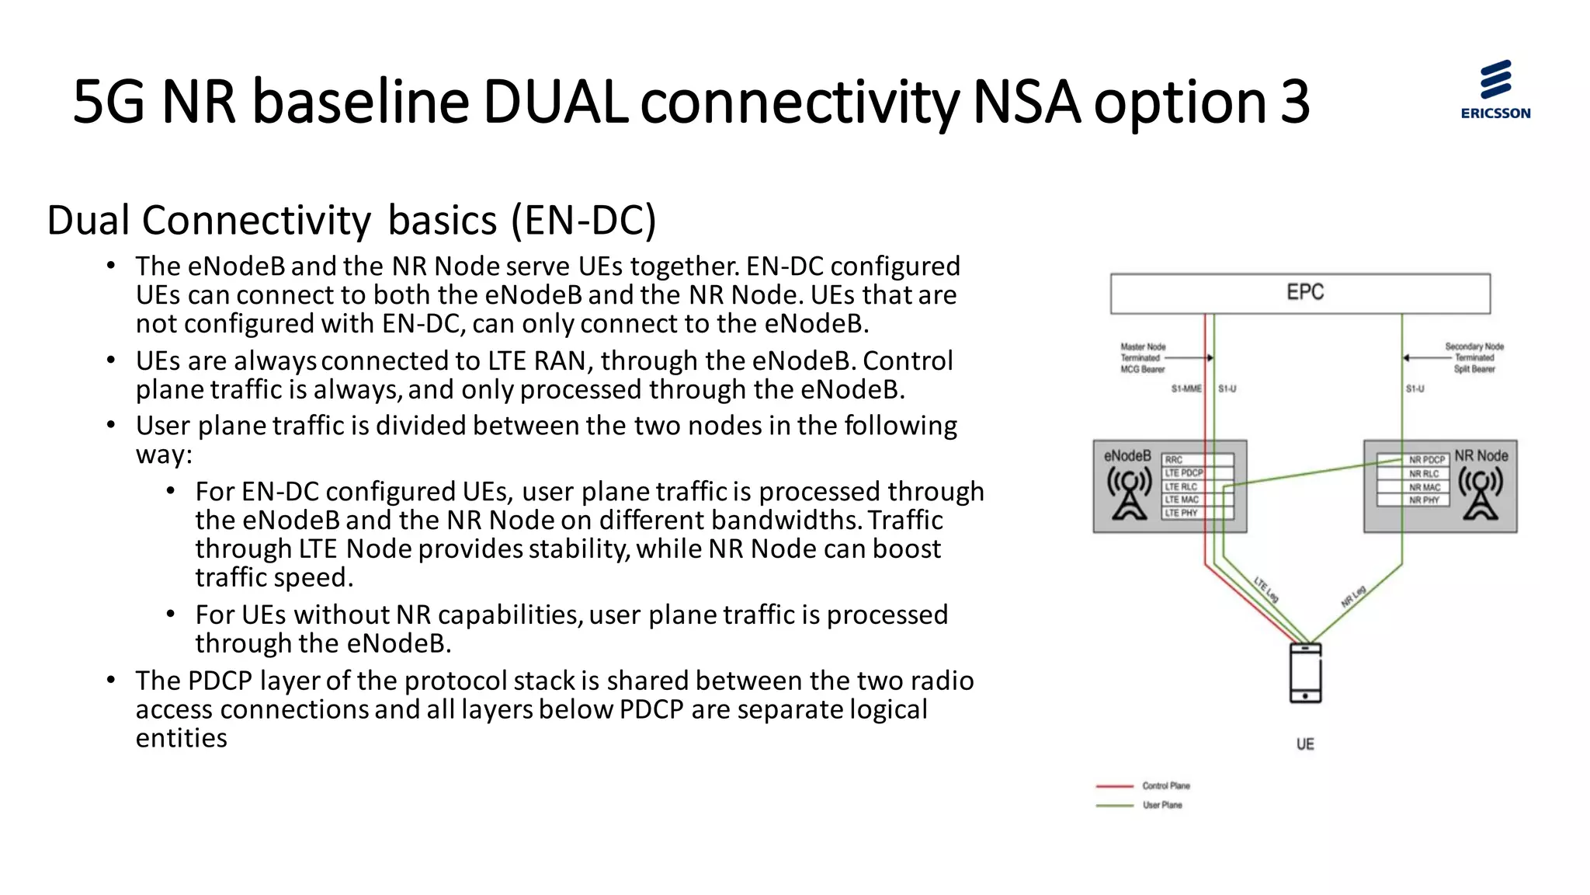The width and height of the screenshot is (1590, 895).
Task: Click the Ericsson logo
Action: (x=1495, y=89)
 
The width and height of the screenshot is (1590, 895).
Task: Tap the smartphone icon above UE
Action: (x=1305, y=673)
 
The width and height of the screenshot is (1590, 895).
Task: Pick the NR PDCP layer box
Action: (x=1413, y=460)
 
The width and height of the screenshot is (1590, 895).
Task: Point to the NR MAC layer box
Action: (x=1413, y=487)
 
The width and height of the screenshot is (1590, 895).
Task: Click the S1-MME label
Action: (x=1186, y=388)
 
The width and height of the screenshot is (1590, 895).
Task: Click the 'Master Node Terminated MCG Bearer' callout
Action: (x=1143, y=358)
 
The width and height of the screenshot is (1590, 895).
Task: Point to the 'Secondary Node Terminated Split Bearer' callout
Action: (x=1474, y=358)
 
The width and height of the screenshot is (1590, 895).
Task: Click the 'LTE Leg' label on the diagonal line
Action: (x=1265, y=590)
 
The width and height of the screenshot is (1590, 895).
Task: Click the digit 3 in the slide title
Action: (x=1294, y=102)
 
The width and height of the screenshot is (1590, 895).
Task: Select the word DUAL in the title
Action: (x=554, y=102)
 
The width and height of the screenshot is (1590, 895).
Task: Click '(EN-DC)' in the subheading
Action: (x=584, y=220)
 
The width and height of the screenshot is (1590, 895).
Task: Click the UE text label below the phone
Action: (x=1305, y=744)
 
